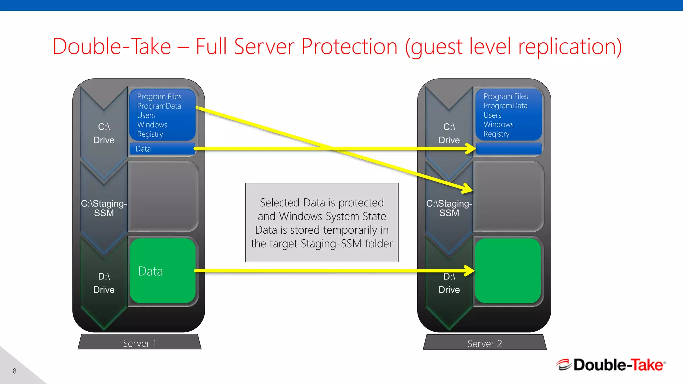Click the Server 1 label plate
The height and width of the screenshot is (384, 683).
click(139, 343)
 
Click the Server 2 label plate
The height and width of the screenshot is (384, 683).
click(484, 343)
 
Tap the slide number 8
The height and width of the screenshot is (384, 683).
click(14, 371)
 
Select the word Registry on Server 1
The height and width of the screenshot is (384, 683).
click(150, 134)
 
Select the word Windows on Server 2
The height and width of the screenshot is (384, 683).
click(498, 124)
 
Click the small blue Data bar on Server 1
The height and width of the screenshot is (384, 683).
click(162, 149)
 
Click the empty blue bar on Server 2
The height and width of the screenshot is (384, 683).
click(508, 149)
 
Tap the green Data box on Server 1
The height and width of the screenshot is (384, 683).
click(162, 271)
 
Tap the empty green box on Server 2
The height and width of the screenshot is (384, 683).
click(508, 271)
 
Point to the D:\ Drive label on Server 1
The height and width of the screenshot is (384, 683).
click(104, 283)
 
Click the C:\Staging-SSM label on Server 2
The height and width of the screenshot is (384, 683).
click(449, 208)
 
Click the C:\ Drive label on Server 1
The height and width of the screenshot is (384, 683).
click(104, 133)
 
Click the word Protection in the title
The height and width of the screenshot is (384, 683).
click(349, 46)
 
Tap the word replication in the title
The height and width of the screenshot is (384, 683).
click(567, 46)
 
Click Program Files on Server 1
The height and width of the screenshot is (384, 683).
click(159, 96)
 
